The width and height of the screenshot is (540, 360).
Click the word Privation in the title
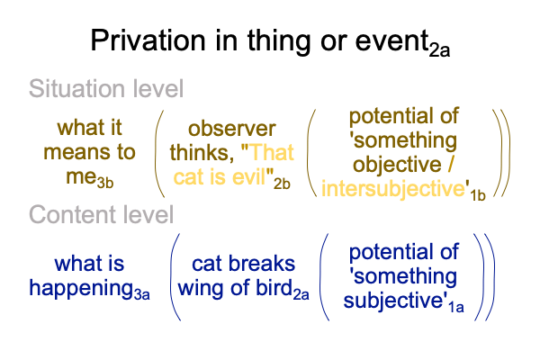tap(148, 40)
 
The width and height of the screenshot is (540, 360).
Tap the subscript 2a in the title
tap(439, 50)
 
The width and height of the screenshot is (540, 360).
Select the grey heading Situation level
tap(106, 88)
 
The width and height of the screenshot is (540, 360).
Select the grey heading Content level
tap(101, 214)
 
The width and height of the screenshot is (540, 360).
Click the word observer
tap(232, 129)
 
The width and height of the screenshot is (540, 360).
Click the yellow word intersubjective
tap(393, 189)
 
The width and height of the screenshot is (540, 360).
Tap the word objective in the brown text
tap(397, 165)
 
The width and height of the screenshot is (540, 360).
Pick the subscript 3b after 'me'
tap(105, 183)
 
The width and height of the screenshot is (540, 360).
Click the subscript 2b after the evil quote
tap(282, 184)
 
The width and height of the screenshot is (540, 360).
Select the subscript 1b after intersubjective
tap(478, 195)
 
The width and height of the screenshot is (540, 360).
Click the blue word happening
tap(81, 289)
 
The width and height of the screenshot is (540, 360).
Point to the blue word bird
tap(274, 288)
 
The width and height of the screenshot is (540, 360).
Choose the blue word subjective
tap(393, 301)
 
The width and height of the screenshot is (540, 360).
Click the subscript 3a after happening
tap(142, 295)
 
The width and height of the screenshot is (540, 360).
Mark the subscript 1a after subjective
tap(456, 307)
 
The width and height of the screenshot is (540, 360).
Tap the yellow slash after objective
tap(451, 164)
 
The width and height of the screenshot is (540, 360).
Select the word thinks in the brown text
tap(202, 152)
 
